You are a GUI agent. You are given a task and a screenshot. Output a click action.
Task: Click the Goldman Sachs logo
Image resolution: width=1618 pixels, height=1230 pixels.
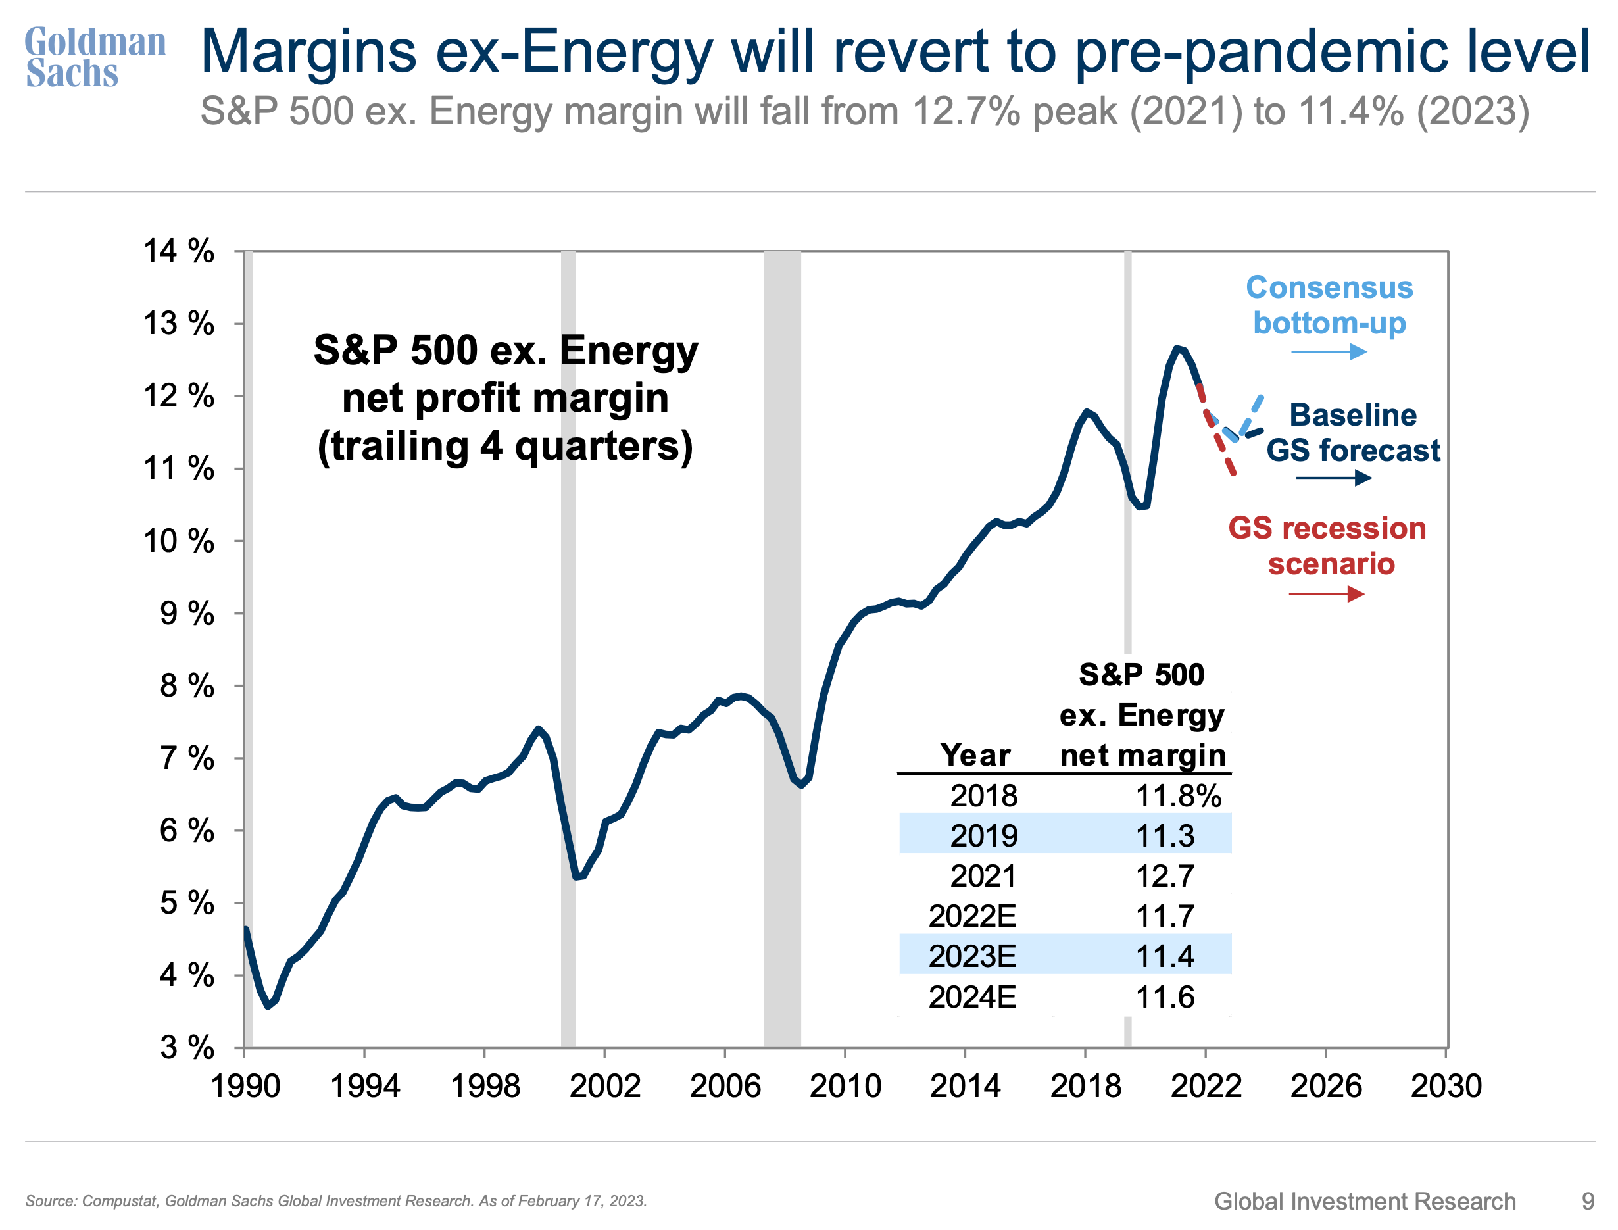(x=95, y=57)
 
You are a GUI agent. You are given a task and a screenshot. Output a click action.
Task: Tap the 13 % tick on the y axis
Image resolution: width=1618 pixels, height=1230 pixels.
(x=179, y=323)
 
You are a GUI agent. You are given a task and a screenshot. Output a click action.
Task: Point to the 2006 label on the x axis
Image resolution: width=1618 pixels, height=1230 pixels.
(x=725, y=1086)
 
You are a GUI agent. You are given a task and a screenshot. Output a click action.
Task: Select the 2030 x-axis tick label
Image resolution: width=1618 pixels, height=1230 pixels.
(x=1445, y=1086)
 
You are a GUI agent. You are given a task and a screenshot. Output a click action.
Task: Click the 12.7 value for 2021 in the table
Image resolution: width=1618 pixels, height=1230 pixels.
(x=1164, y=876)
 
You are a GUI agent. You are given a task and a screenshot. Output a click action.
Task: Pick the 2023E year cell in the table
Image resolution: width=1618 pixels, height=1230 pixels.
(x=971, y=956)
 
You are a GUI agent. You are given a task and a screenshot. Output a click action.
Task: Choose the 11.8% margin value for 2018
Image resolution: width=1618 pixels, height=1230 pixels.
(x=1177, y=796)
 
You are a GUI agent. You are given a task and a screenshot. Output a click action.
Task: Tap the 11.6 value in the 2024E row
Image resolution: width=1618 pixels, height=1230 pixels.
(x=1164, y=997)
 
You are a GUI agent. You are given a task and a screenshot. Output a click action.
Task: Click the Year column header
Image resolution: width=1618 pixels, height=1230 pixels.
(x=975, y=755)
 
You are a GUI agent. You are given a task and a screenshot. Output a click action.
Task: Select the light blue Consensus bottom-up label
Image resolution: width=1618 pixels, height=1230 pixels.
(x=1329, y=305)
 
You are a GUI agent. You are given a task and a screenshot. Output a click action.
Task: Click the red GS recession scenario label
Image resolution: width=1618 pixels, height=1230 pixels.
(x=1327, y=546)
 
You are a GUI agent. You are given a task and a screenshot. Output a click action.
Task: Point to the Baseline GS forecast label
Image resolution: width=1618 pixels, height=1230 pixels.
(x=1352, y=433)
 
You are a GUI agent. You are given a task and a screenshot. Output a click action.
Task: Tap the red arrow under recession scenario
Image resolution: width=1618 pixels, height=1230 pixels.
(x=1326, y=594)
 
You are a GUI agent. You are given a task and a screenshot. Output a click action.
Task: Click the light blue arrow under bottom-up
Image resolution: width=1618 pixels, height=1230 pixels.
(x=1328, y=352)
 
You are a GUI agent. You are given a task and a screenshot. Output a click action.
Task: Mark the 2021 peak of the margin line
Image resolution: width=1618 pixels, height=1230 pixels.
(x=1177, y=349)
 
